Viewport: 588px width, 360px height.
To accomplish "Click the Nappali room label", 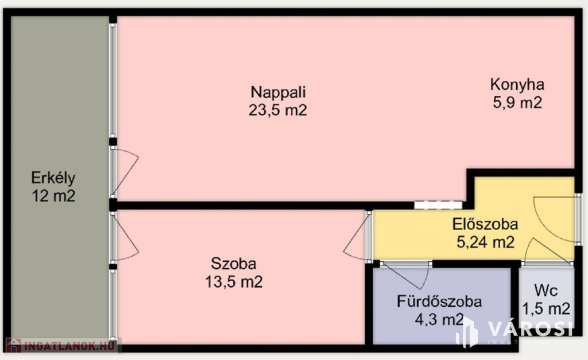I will pyautogui.click(x=277, y=92).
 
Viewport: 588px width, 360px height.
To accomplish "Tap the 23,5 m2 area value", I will pyautogui.click(x=277, y=110).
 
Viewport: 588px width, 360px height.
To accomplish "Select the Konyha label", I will pyautogui.click(x=517, y=84).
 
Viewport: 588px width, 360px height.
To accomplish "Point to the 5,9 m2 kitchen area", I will pyautogui.click(x=517, y=103).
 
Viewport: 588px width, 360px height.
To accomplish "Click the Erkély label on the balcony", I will pyautogui.click(x=53, y=177).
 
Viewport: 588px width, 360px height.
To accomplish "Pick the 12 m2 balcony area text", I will pyautogui.click(x=53, y=196).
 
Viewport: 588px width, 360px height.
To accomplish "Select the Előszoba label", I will pyautogui.click(x=485, y=224).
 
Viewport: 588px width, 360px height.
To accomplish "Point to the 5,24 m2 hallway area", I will pyautogui.click(x=485, y=242).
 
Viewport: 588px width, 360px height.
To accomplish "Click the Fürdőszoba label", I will pyautogui.click(x=439, y=301).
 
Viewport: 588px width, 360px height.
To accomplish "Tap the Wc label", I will pyautogui.click(x=546, y=291).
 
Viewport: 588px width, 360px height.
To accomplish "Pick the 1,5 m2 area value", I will pyautogui.click(x=546, y=309).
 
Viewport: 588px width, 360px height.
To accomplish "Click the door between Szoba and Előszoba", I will pyautogui.click(x=357, y=235).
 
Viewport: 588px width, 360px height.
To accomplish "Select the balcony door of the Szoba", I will pyautogui.click(x=125, y=237).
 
